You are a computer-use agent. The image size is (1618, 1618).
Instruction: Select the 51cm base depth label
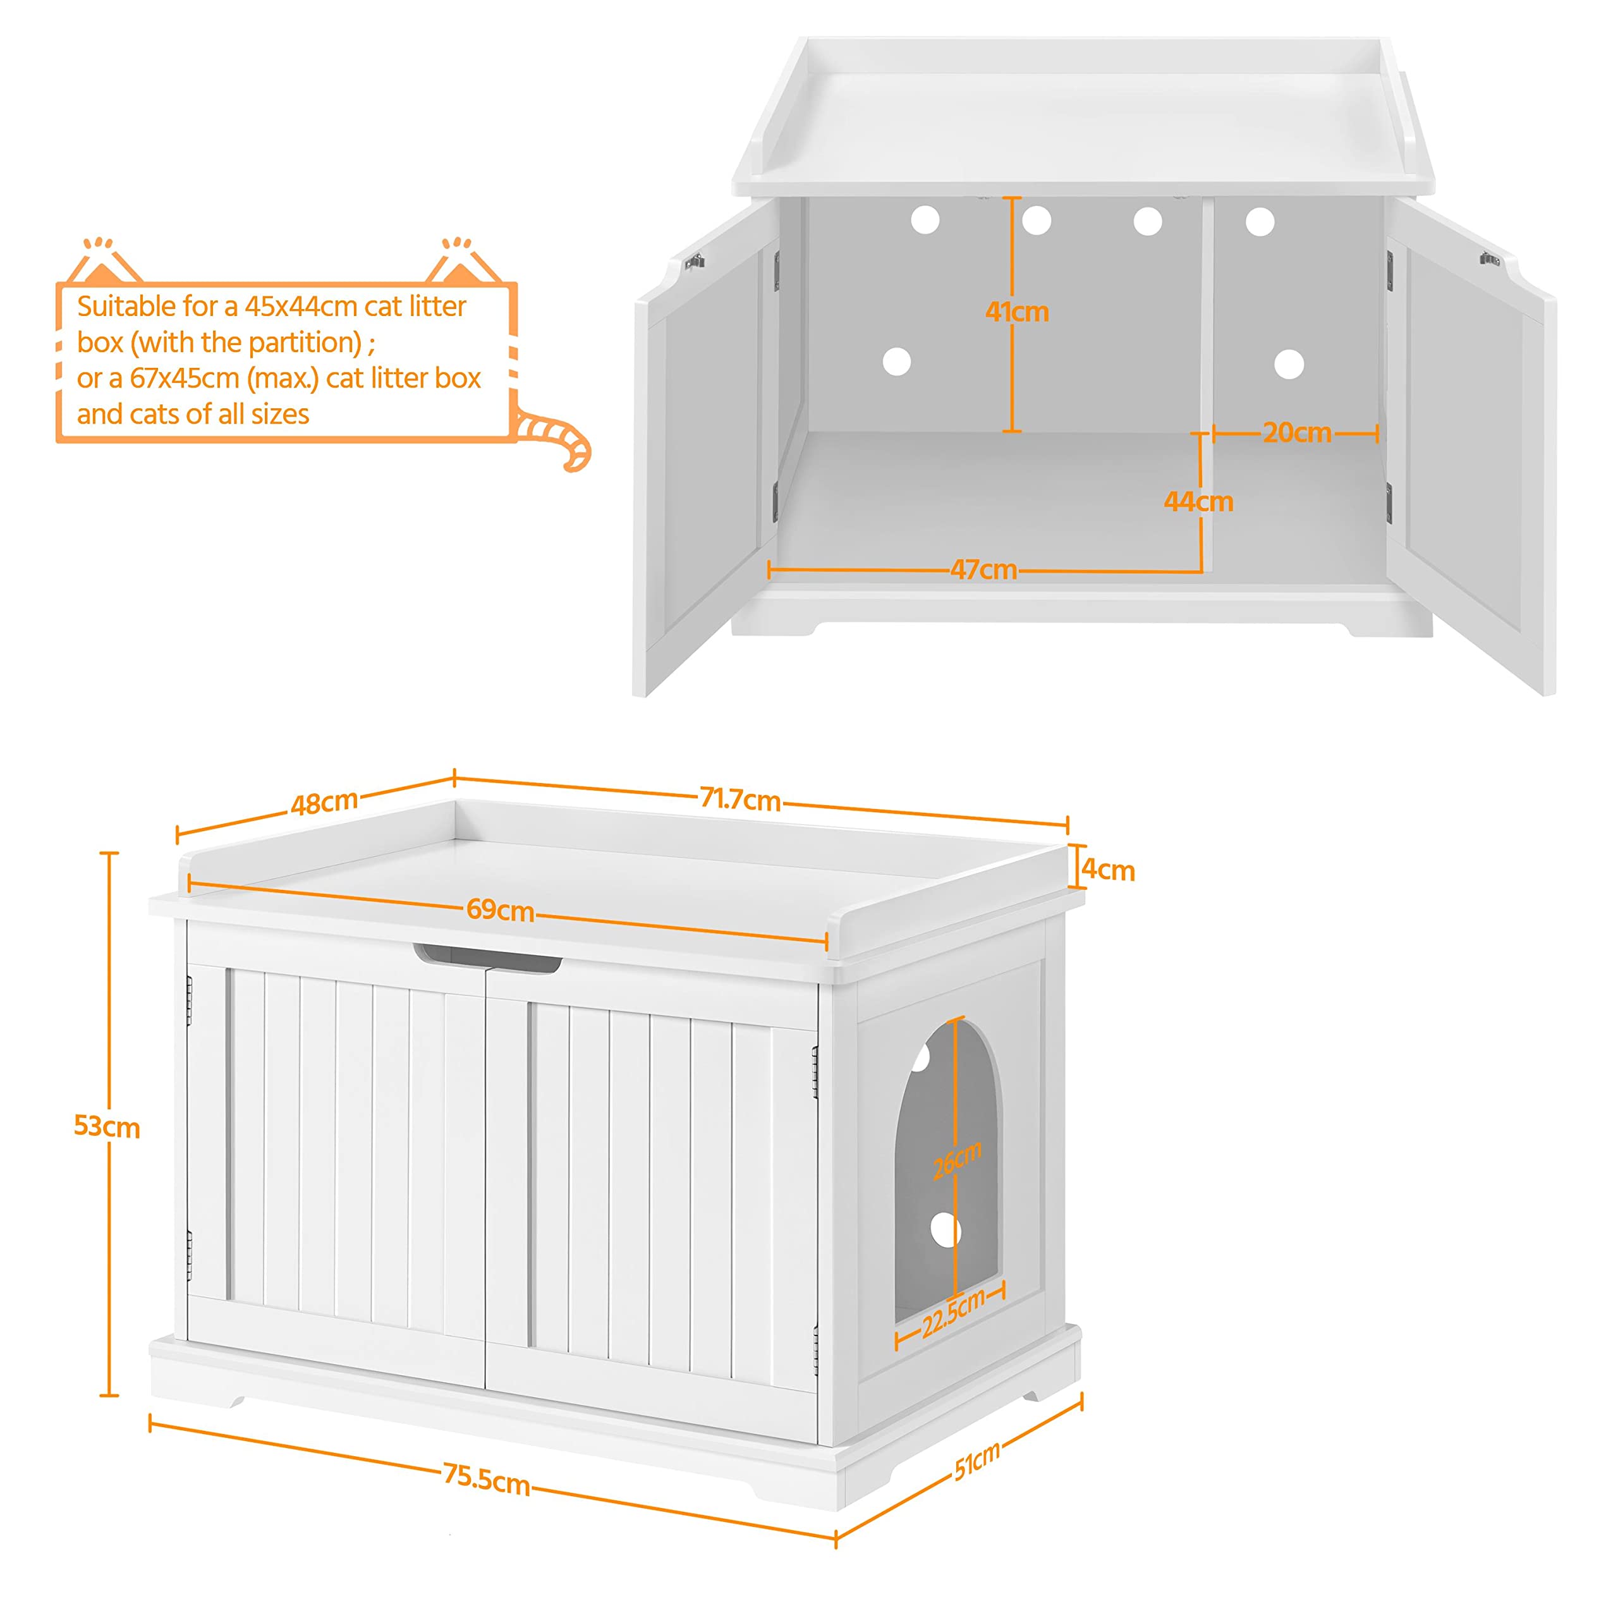976,1461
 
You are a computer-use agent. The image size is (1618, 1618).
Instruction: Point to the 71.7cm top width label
740,799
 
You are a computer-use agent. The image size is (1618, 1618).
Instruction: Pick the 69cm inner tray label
500,909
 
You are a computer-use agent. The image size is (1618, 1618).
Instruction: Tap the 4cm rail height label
1108,870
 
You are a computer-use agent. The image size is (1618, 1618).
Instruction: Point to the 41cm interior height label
1017,312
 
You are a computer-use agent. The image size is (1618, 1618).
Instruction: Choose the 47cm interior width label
983,569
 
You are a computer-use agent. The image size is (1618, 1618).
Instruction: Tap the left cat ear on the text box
104,261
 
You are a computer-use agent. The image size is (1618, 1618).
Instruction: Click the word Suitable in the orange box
126,307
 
